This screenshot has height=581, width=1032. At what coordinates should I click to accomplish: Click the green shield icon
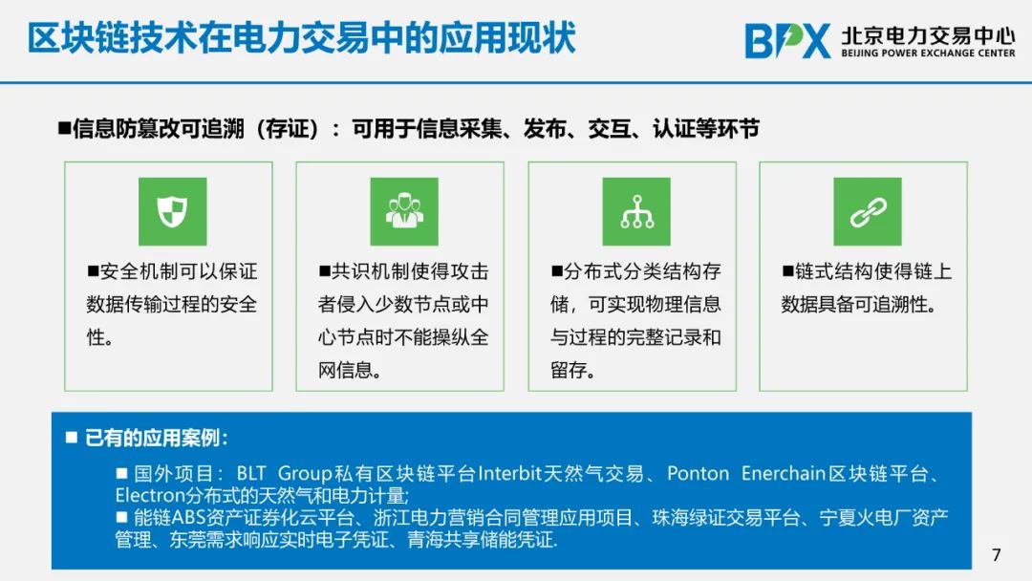pos(172,211)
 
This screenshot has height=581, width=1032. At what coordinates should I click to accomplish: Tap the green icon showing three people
pos(404,211)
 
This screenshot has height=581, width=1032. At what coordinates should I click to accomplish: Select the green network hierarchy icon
pos(636,211)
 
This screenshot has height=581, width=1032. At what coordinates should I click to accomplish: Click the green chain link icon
pos(868,211)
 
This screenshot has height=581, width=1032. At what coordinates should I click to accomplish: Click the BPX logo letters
pos(787,41)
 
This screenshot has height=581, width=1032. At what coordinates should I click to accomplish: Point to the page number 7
pos(997,554)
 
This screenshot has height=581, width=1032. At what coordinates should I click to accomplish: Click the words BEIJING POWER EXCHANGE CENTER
pos(928,54)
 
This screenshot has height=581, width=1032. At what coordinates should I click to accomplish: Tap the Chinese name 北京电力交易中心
pos(928,34)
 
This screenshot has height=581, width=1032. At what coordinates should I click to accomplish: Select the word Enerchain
pos(784,473)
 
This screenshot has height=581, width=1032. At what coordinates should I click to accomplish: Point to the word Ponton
pos(699,473)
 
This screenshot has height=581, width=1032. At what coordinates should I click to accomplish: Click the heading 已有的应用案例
pos(156,438)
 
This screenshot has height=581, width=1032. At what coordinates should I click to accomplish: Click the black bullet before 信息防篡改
pos(64,128)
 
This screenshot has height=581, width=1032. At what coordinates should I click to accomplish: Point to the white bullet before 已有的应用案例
pos(72,437)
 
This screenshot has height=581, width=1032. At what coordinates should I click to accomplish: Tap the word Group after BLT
pos(305,473)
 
